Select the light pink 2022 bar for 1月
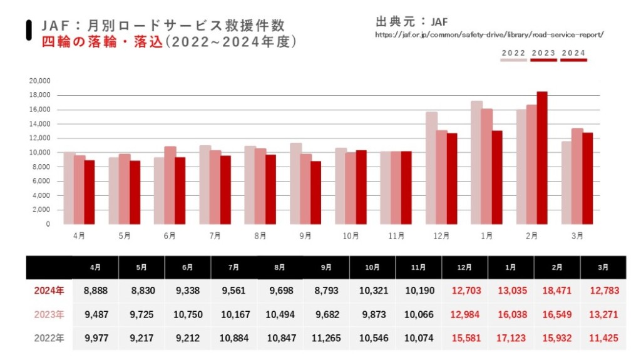(x=476, y=162)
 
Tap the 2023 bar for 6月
(x=170, y=185)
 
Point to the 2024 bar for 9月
(x=316, y=192)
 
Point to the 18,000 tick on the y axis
(x=39, y=95)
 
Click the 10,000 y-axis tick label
(x=39, y=153)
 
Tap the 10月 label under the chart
(x=351, y=236)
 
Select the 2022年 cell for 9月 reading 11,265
(x=326, y=338)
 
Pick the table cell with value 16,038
(x=511, y=314)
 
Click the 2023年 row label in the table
(x=48, y=314)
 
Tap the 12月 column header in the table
(x=464, y=267)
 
